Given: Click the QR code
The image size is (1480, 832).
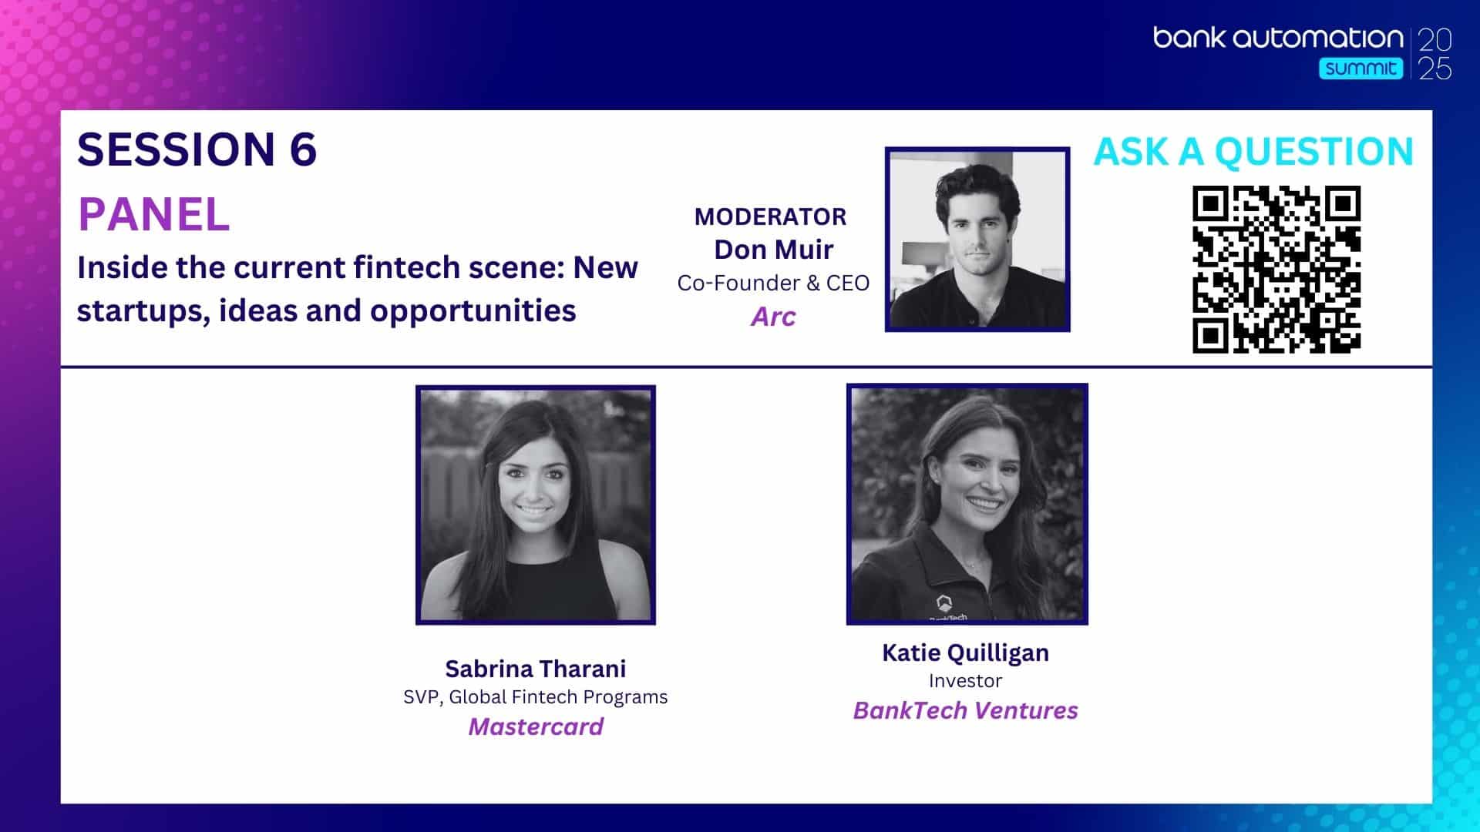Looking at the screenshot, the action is point(1276,270).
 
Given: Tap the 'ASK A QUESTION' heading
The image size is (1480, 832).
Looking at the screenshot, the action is point(1253,152).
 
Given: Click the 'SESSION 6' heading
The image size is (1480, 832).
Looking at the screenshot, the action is point(197,149).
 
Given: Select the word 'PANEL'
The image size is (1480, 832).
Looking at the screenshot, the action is point(154,214).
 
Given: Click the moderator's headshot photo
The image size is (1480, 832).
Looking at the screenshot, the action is point(977,240).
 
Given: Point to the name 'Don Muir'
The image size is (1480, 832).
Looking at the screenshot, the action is point(773,250).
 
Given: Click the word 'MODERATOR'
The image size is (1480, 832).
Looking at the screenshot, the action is point(770,216).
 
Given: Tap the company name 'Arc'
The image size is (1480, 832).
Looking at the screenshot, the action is point(773,317).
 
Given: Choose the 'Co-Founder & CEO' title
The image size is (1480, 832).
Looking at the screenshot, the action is point(773,283).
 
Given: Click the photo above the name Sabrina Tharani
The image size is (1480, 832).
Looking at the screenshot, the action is point(536,505).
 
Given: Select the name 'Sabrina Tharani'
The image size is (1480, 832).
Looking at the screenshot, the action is point(536,668).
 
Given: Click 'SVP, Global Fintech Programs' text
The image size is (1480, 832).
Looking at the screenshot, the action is point(536,697).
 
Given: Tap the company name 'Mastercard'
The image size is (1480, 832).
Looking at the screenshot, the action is point(536,726).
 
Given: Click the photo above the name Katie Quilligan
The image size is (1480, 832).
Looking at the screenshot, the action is point(967,504).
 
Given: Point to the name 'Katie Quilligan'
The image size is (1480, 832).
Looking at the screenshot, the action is point(965,653).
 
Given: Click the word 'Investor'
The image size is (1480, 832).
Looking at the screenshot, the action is point(965,681).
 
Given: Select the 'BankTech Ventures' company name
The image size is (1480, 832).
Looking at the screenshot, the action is point(965,710).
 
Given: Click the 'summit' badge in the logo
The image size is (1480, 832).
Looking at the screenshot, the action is point(1361,69).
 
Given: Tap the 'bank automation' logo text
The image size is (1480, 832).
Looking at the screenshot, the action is point(1278,38).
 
